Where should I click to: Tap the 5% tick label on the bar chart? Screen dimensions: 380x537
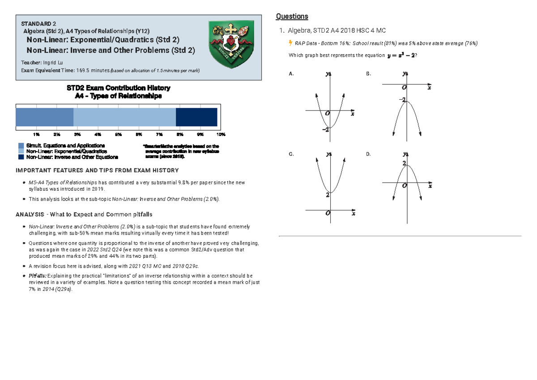[118, 134]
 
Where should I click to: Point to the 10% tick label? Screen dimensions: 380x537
[221, 134]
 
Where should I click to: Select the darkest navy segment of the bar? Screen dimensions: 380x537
[196, 117]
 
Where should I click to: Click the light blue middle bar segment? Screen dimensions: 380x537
[124, 117]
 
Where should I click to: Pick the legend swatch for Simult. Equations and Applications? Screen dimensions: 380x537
[21, 146]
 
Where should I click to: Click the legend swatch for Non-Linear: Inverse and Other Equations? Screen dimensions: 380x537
[21, 157]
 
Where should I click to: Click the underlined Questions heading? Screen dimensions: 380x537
[292, 17]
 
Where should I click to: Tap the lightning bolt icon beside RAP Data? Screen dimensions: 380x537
[291, 43]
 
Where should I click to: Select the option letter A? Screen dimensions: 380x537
[291, 74]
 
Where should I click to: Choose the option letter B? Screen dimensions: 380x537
[368, 74]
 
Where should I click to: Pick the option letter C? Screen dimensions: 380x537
[291, 154]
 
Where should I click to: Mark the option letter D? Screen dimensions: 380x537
[368, 154]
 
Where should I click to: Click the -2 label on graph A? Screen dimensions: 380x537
[325, 130]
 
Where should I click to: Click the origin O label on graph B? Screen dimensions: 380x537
[404, 88]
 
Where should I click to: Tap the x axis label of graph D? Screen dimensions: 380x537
[430, 187]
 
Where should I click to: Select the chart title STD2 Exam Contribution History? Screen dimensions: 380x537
[118, 88]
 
